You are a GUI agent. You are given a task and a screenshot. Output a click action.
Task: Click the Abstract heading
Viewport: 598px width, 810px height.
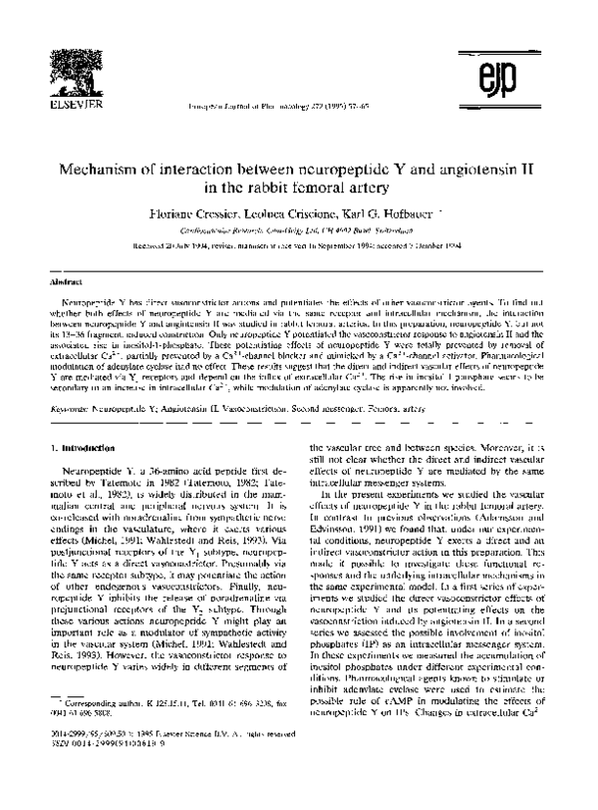[63, 283]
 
